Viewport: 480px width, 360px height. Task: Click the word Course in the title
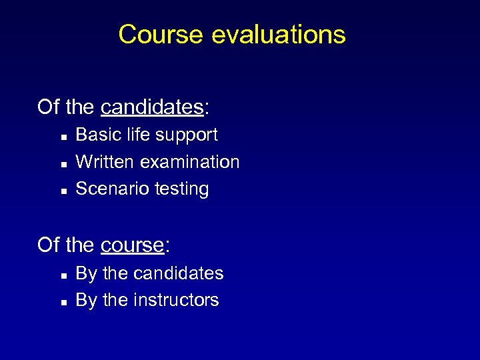point(160,34)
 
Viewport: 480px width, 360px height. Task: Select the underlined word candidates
point(151,107)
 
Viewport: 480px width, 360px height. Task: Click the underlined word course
point(132,245)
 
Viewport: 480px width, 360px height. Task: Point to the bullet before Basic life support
point(63,136)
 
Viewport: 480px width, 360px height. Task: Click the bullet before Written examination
point(63,163)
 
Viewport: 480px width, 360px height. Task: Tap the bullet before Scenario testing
point(63,191)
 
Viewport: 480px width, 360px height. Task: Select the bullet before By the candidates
point(63,275)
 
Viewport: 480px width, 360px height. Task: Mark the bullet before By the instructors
point(63,302)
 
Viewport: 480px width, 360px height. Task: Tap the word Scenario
point(105,189)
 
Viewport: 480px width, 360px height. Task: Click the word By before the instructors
point(86,301)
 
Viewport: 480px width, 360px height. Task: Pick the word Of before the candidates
point(49,107)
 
